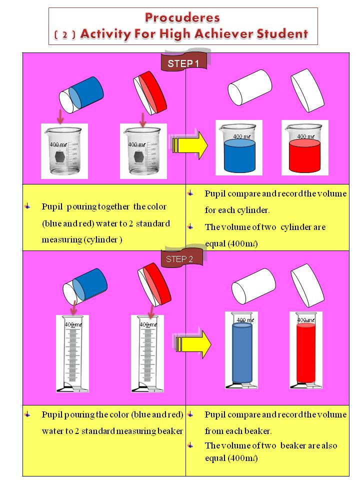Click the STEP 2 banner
point(182,258)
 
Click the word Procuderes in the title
point(182,18)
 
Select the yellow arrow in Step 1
point(190,145)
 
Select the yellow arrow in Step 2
point(193,343)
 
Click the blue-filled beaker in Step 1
point(239,148)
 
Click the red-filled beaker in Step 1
point(304,148)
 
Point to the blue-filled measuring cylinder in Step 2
point(242,350)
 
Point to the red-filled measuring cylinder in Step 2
point(306,350)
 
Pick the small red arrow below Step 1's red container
point(142,119)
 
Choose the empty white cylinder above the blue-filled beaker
point(250,88)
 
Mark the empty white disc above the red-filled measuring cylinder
point(307,285)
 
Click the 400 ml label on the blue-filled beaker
point(242,136)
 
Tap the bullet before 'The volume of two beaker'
point(190,445)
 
